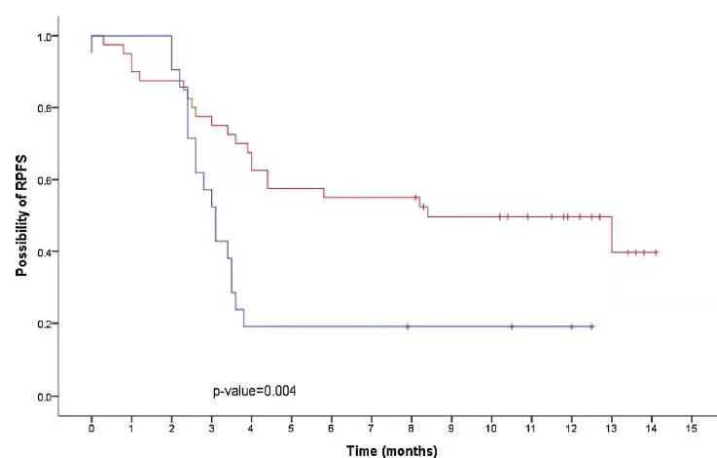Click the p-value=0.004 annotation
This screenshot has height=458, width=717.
255,391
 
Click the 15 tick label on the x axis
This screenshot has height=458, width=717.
692,428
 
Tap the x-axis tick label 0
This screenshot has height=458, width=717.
91,428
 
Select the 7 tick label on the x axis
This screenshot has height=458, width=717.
372,428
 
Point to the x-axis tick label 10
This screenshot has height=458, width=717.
491,428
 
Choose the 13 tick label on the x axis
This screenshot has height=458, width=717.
612,428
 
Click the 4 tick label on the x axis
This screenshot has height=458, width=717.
251,428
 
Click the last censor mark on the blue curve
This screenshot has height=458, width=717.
592,326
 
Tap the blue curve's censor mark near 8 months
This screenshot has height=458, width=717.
408,326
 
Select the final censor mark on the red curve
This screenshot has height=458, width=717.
657,252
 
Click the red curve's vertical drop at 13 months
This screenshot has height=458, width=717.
612,235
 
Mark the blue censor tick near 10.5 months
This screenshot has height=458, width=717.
512,326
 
